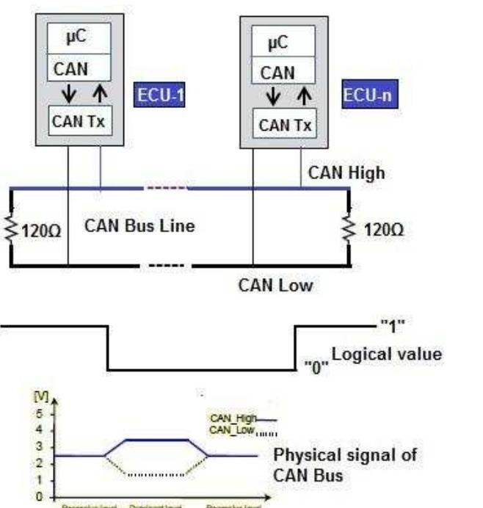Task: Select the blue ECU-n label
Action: pyautogui.click(x=363, y=96)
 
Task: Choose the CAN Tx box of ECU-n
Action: pyautogui.click(x=284, y=124)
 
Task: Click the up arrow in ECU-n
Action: pyautogui.click(x=299, y=96)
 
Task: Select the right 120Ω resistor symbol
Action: pyautogui.click(x=348, y=228)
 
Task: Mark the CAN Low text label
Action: pyautogui.click(x=275, y=286)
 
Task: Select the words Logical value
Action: pyautogui.click(x=387, y=355)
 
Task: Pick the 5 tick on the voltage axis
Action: pyautogui.click(x=29, y=413)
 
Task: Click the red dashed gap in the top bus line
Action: pyautogui.click(x=167, y=189)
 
